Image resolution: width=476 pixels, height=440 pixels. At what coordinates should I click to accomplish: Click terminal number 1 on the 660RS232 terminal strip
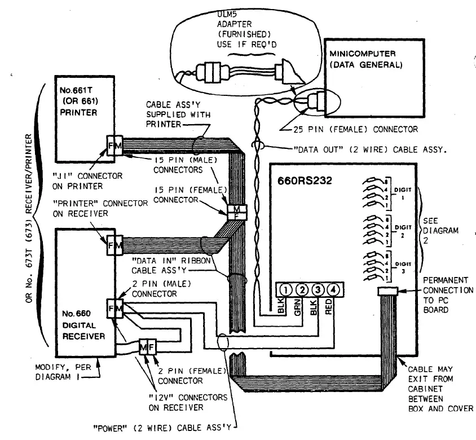[x=286, y=291]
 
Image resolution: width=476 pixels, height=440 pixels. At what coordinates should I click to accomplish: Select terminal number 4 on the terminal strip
[x=334, y=291]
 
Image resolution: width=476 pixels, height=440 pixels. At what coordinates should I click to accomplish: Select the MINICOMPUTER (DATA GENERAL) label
[x=365, y=59]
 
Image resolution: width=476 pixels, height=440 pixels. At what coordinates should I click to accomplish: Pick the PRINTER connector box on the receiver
[x=115, y=246]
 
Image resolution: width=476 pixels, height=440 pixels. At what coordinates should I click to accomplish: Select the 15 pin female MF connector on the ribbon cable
[x=233, y=213]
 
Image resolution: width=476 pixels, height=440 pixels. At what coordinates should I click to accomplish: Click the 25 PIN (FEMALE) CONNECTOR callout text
[x=356, y=129]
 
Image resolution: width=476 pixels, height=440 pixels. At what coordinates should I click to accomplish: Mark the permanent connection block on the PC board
[x=387, y=291]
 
